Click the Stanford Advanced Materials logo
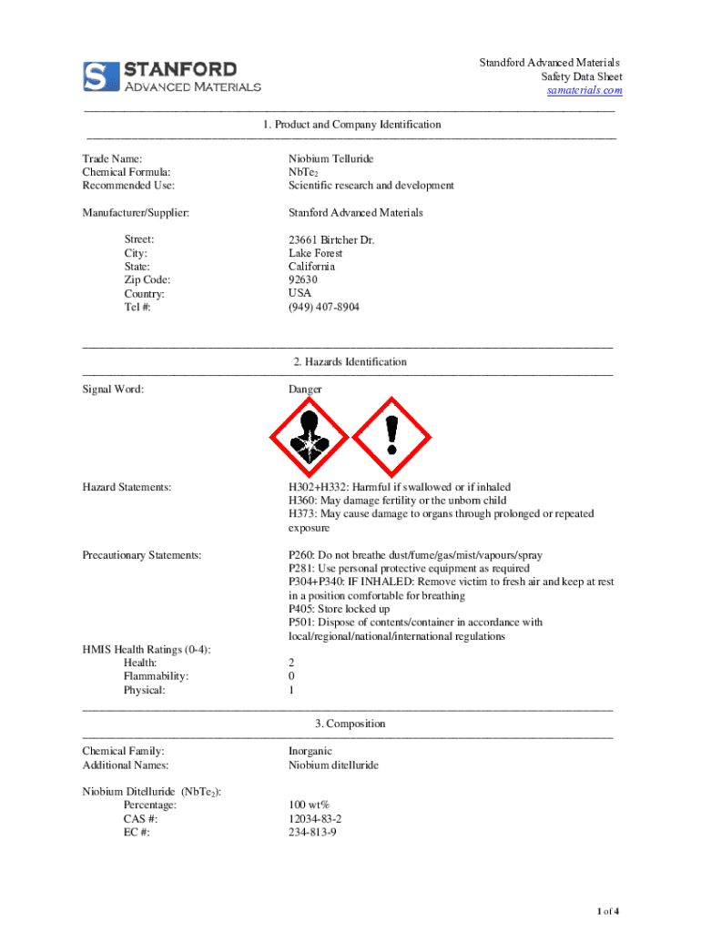pos(172,76)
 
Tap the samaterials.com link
pos(584,91)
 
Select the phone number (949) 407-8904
pos(324,308)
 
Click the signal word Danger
pos(305,390)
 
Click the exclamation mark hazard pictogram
pos(391,437)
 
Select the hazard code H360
pos(303,501)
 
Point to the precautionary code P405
pos(303,609)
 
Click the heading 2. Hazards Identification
pos(350,362)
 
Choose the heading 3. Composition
pos(350,724)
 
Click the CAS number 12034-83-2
pos(316,819)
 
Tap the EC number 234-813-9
pos(312,833)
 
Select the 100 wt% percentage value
pos(309,805)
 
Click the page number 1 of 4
pos(608,912)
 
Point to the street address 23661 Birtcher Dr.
pos(331,240)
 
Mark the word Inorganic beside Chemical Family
pos(310,752)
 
